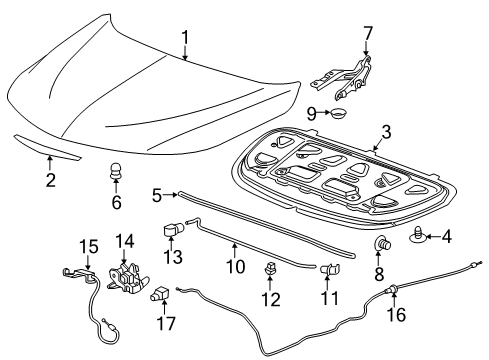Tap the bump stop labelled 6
(116, 174)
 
